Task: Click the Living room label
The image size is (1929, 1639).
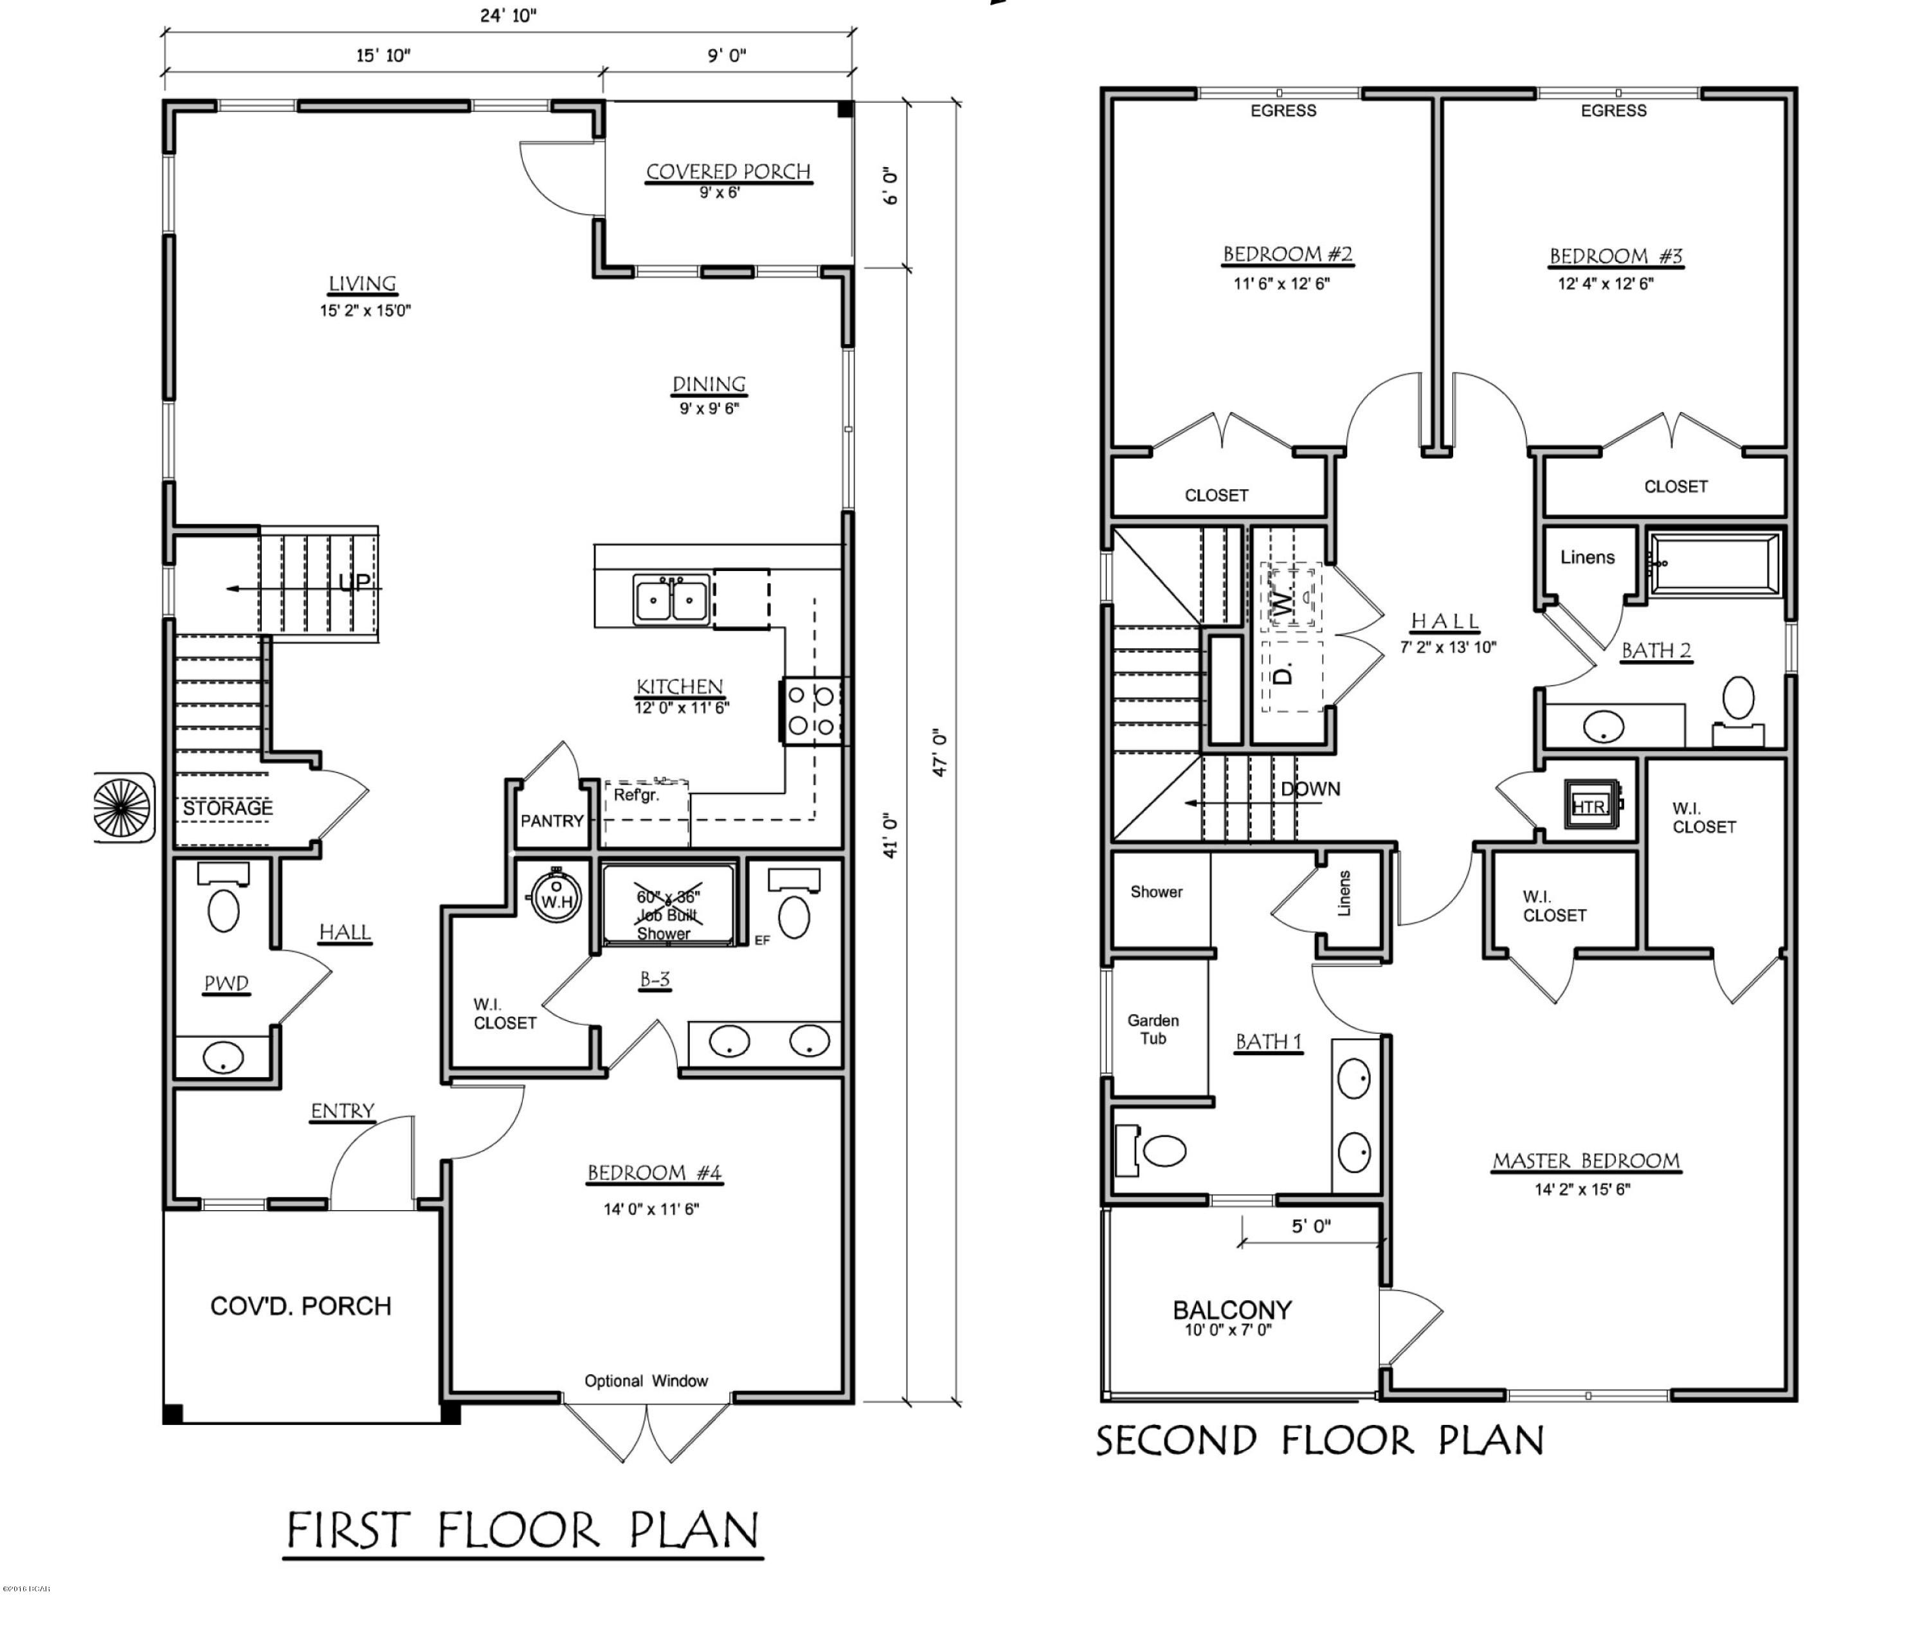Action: [x=363, y=284]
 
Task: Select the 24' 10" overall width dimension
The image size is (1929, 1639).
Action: [x=507, y=15]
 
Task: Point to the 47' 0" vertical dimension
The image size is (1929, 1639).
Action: [x=939, y=752]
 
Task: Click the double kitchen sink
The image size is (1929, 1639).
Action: [x=671, y=599]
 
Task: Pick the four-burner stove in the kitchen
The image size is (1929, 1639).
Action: [x=812, y=711]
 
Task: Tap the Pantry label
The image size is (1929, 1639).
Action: [x=551, y=820]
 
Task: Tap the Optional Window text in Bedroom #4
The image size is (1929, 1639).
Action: [x=646, y=1381]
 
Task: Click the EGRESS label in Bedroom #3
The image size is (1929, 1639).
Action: [x=1613, y=111]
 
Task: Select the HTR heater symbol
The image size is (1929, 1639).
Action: [x=1588, y=806]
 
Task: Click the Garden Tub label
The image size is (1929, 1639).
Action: [x=1153, y=1029]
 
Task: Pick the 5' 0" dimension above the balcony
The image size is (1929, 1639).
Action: [x=1310, y=1226]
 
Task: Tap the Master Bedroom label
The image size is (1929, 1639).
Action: [x=1586, y=1161]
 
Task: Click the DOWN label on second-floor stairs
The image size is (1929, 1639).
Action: [x=1310, y=789]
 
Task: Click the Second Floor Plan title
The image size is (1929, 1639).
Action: [x=1319, y=1441]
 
